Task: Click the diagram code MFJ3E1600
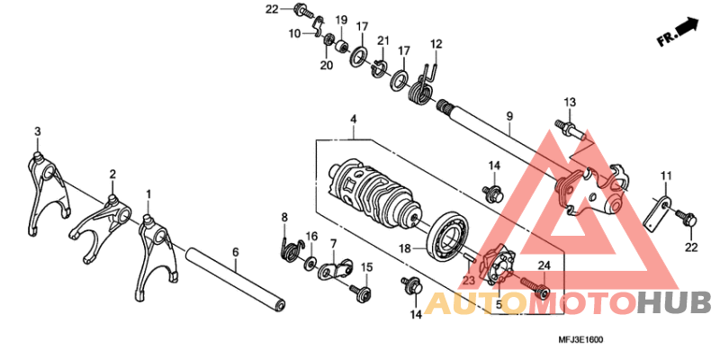point(580,340)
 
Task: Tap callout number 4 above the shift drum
point(353,119)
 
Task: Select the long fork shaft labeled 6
point(235,278)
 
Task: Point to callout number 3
point(38,131)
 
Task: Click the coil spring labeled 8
point(291,248)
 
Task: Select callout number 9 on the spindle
point(509,117)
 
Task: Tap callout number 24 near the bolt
point(544,265)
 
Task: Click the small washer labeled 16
point(310,263)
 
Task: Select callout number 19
point(341,20)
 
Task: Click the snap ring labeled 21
point(379,67)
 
